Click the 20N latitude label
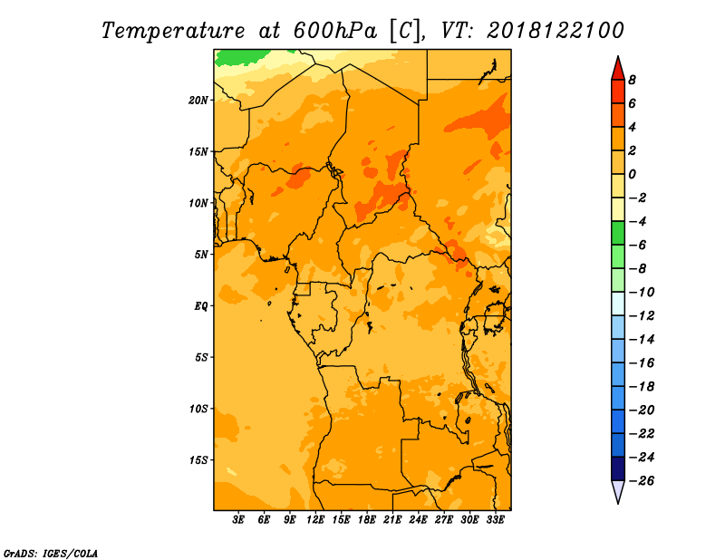pyautogui.click(x=198, y=101)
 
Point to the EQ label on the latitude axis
pyautogui.click(x=201, y=306)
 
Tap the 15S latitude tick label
pyautogui.click(x=198, y=460)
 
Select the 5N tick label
pyautogui.click(x=201, y=255)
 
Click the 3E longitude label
pyautogui.click(x=238, y=519)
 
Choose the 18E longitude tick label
pyautogui.click(x=367, y=519)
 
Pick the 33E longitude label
pyautogui.click(x=495, y=519)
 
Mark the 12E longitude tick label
pyautogui.click(x=315, y=519)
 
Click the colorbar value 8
pyautogui.click(x=632, y=80)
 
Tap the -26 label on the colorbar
pyautogui.click(x=642, y=481)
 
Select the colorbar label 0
pyautogui.click(x=632, y=174)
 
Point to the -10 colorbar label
pyautogui.click(x=642, y=293)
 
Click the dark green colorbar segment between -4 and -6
pyautogui.click(x=618, y=233)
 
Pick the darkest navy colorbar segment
pyautogui.click(x=618, y=468)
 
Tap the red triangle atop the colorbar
pyautogui.click(x=618, y=69)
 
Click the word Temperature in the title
pyautogui.click(x=173, y=31)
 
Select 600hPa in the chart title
pyautogui.click(x=335, y=31)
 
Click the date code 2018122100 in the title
pyautogui.click(x=556, y=31)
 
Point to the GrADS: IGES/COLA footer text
pyautogui.click(x=51, y=554)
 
